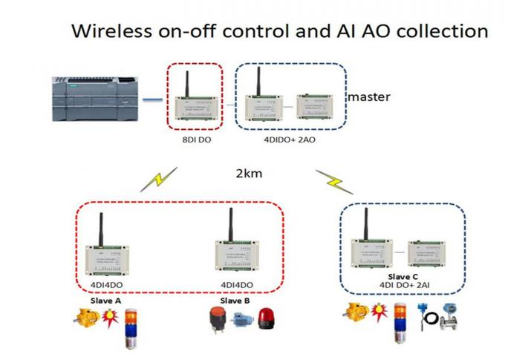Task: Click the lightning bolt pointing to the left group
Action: (163, 179)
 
